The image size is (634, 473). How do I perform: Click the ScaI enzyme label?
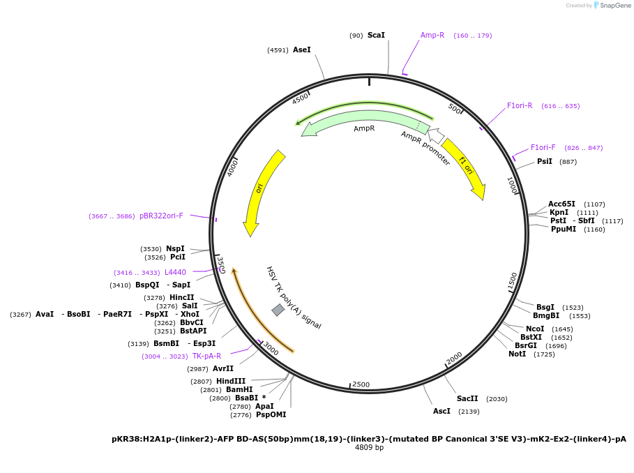[376, 35]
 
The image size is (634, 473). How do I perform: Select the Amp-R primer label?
[432, 35]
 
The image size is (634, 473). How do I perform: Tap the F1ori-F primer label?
[543, 147]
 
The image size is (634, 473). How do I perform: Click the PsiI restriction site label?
[544, 162]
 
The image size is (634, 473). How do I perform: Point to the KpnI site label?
[559, 213]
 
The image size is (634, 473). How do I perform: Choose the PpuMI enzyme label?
[563, 230]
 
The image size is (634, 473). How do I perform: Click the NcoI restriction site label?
[535, 329]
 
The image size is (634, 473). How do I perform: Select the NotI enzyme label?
[517, 354]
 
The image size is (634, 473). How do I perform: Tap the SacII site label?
[467, 399]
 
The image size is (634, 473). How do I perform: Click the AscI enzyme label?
[441, 412]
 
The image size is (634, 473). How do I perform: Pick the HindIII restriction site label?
[230, 381]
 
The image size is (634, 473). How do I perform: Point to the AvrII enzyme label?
[223, 369]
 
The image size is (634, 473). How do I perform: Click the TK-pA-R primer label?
[206, 356]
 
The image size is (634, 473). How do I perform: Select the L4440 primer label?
[175, 273]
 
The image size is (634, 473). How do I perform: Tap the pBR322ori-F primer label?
[161, 216]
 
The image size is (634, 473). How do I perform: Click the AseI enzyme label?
[301, 50]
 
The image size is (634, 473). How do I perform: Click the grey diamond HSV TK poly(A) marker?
[278, 310]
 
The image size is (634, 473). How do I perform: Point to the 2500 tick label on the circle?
[361, 384]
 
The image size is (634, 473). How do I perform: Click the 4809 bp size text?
[369, 448]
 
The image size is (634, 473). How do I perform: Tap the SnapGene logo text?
[615, 6]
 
